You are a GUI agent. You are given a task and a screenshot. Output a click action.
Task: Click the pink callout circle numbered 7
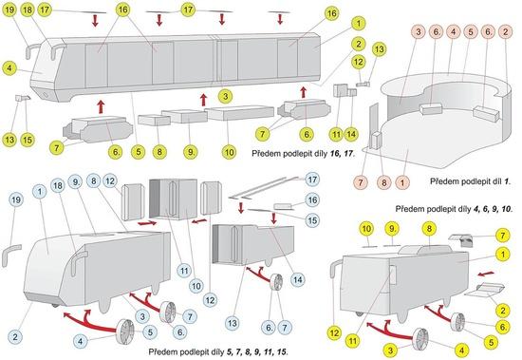click(361, 182)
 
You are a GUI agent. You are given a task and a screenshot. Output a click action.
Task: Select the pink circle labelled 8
click(384, 182)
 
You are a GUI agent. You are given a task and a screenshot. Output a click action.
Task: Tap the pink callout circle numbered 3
click(419, 32)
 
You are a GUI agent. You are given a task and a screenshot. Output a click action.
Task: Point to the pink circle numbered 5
click(471, 32)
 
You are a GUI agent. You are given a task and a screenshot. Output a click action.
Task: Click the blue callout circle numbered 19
click(15, 199)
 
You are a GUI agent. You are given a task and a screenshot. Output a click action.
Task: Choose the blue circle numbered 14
click(297, 279)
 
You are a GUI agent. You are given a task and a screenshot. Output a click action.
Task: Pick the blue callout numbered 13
click(233, 323)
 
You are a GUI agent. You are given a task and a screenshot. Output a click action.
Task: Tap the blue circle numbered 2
click(15, 336)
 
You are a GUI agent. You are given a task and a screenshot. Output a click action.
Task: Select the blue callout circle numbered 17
click(312, 180)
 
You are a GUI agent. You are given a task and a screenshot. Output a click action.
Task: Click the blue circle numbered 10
click(196, 286)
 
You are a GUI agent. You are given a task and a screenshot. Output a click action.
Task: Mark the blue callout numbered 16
click(312, 199)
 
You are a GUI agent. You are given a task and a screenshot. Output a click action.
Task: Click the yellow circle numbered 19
click(10, 10)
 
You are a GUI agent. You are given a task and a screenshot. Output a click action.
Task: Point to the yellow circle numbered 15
click(28, 140)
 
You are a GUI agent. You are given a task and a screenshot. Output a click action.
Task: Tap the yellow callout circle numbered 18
click(28, 10)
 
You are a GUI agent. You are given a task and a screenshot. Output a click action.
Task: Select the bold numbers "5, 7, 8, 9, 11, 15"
click(256, 351)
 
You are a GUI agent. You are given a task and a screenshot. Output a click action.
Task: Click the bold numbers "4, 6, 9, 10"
click(492, 209)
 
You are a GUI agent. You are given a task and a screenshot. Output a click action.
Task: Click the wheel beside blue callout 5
click(125, 331)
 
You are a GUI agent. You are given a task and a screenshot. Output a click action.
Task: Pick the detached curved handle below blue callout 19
click(10, 255)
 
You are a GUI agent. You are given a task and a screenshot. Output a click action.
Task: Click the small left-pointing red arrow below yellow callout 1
click(486, 274)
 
